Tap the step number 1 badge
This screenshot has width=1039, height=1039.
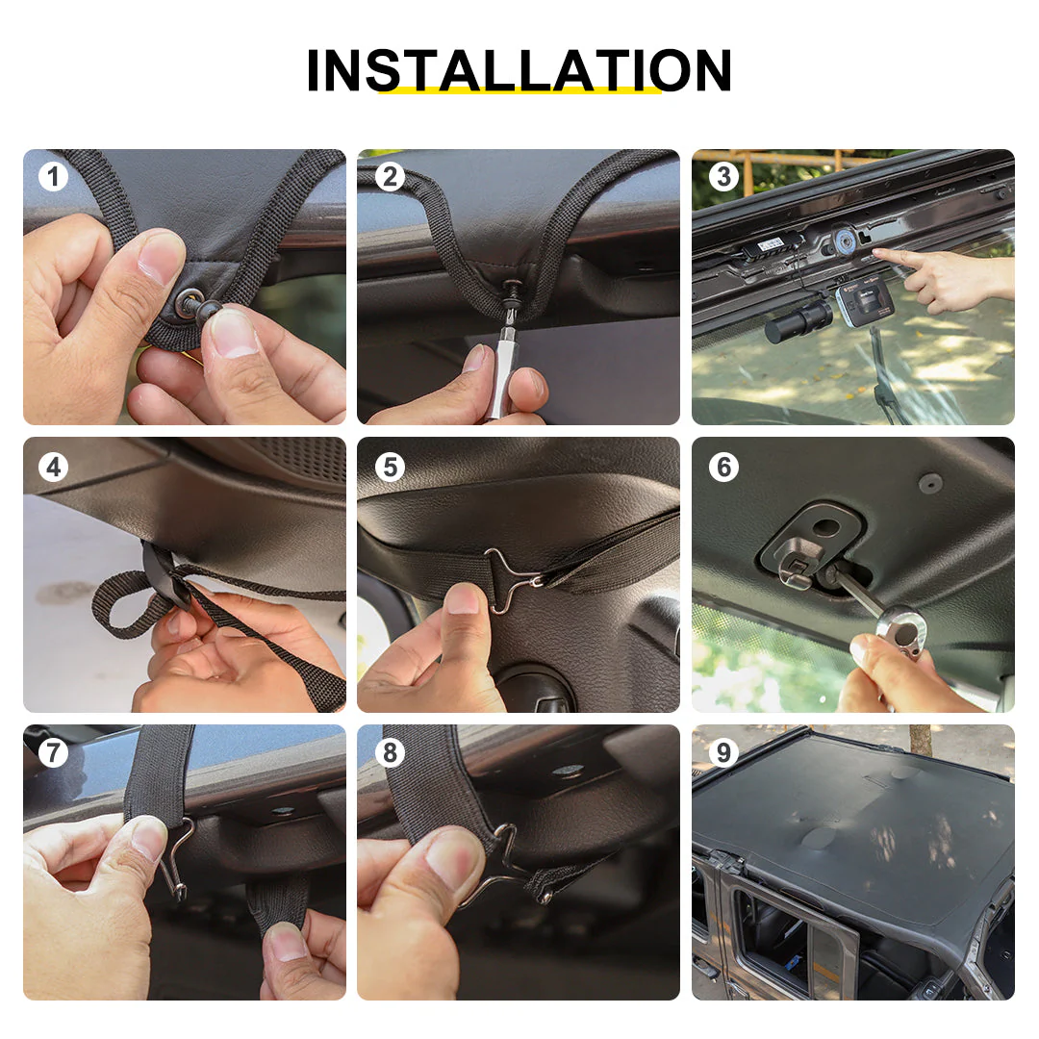coord(54,177)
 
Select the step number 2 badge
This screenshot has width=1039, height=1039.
coord(390,177)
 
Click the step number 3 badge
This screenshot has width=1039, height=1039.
coord(723,177)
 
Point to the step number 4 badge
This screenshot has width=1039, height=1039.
coord(54,468)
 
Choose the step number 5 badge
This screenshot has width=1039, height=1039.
coord(390,468)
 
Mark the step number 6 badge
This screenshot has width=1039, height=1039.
coord(723,468)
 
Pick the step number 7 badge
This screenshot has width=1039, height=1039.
coord(54,752)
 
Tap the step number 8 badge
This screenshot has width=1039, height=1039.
coord(390,752)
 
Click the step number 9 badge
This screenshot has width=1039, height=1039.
coord(723,752)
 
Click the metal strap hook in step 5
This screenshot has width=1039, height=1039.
coord(510,578)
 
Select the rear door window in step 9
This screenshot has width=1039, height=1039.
coord(772,927)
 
